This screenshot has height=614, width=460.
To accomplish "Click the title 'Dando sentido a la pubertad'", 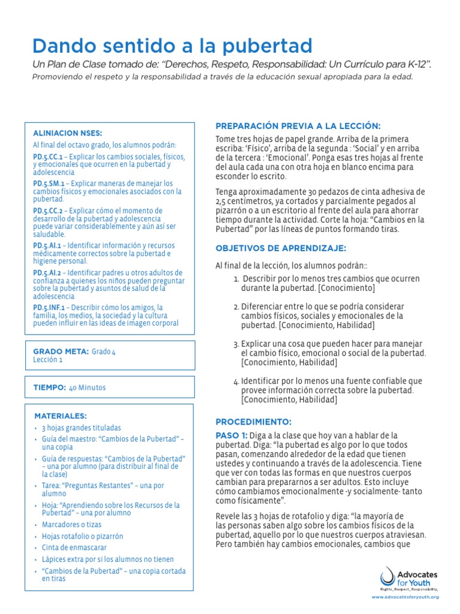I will [172, 46].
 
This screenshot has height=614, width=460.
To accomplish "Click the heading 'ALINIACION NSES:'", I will [67, 133].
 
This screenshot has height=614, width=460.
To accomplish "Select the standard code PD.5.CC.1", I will [47, 156].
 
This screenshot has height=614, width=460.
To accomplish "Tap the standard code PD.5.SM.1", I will [48, 183].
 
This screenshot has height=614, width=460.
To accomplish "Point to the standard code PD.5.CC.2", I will [47, 210].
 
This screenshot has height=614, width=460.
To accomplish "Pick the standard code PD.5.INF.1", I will [49, 307].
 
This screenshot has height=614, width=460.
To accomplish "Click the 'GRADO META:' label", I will [61, 351].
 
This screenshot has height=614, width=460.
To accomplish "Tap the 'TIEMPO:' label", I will [49, 388].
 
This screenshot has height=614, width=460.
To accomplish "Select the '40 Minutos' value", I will [87, 388].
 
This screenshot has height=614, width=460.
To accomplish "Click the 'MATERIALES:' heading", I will [60, 415].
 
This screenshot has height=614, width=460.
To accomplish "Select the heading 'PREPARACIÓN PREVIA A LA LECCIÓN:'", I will [298, 125].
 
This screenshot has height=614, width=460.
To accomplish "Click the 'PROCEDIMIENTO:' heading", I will [253, 422].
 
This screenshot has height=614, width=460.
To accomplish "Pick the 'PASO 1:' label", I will [230, 435].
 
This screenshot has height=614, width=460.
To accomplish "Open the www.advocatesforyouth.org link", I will [405, 597].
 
